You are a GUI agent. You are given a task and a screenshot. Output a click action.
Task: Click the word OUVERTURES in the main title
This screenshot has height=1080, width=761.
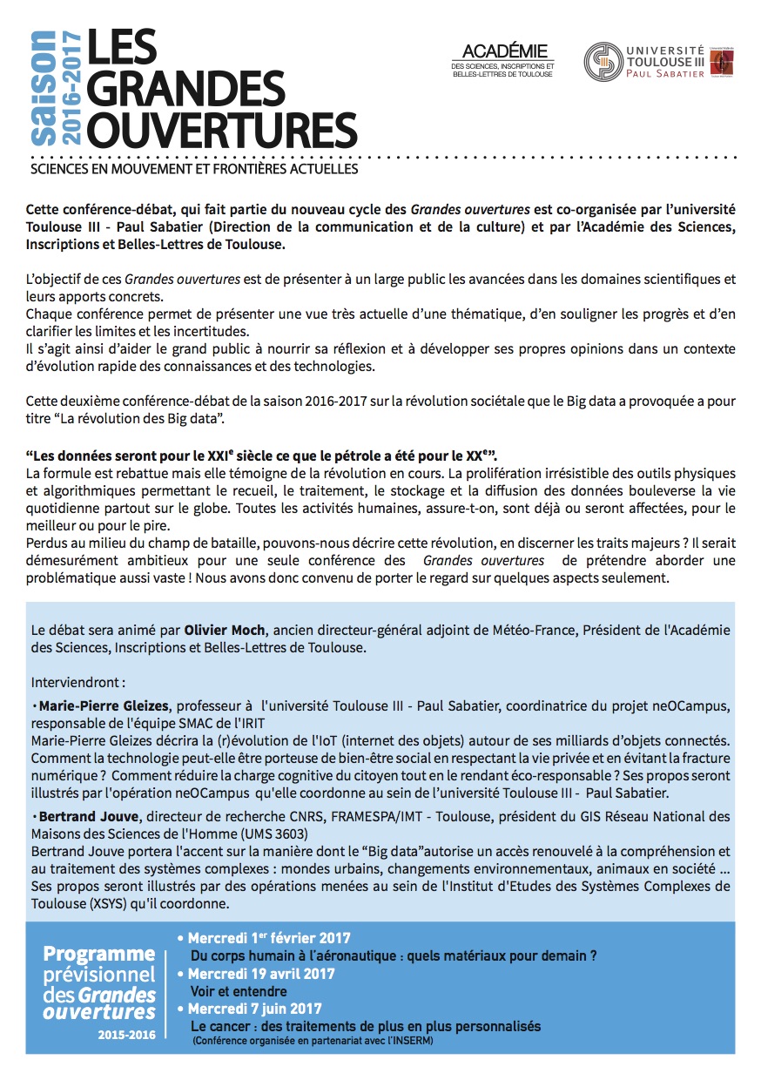point(222,129)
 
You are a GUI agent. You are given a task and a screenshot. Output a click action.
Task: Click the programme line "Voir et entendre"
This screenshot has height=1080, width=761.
point(239,991)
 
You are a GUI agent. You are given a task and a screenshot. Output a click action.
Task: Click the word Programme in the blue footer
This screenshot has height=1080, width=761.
point(99,954)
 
